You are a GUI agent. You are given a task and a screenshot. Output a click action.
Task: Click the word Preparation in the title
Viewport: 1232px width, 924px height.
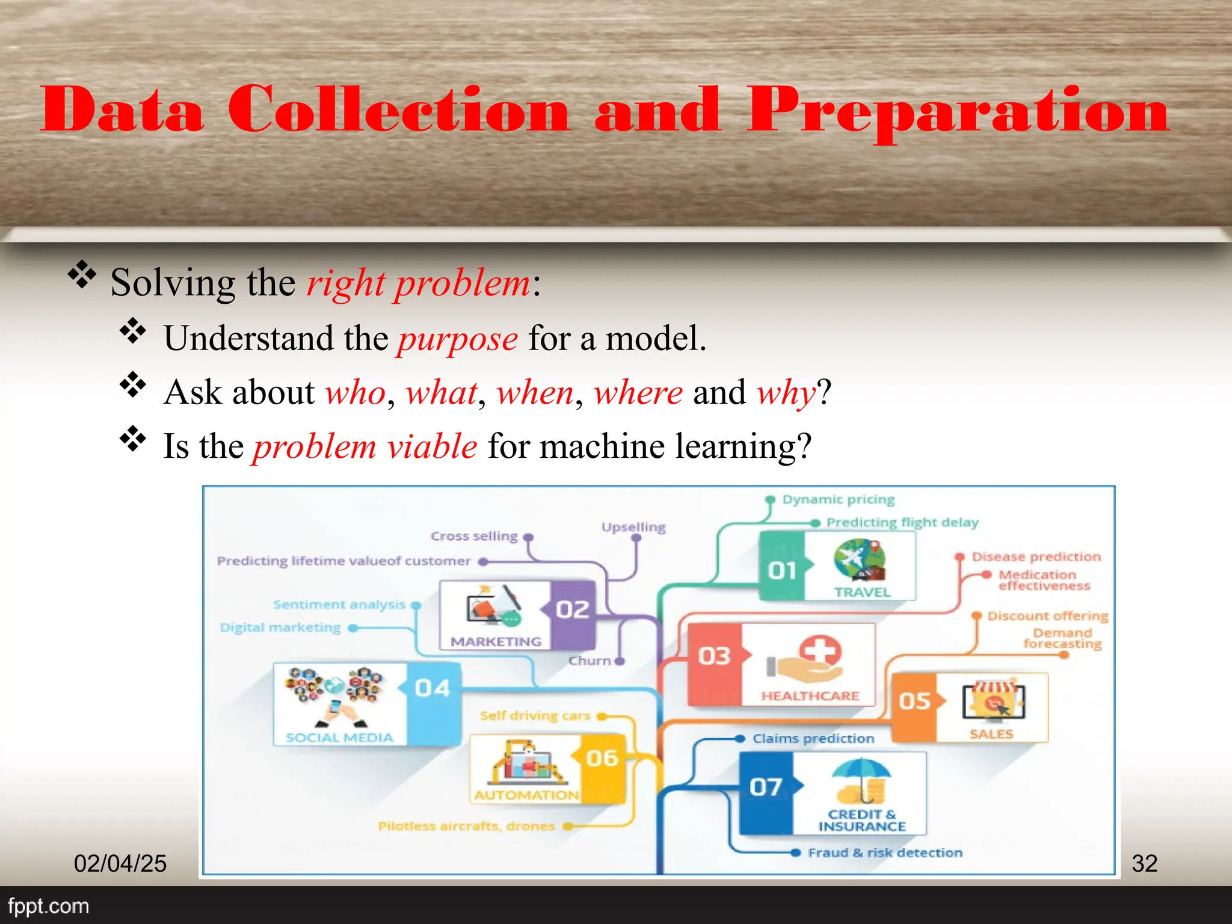958,111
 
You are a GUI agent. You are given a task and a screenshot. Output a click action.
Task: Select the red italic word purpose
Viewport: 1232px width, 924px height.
457,339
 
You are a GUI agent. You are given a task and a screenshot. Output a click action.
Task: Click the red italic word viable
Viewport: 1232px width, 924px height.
432,447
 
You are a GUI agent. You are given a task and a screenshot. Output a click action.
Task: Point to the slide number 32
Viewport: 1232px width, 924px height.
1144,863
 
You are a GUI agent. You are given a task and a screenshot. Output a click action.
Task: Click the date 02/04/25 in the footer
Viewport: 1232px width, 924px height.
120,863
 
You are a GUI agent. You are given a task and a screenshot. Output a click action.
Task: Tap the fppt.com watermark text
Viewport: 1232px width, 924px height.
48,906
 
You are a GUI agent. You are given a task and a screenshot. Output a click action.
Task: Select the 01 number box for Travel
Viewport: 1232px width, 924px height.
782,568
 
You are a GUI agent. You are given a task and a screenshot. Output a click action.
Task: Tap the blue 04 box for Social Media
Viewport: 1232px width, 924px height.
433,689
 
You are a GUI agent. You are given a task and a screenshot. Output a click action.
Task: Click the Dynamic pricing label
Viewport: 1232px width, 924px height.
838,500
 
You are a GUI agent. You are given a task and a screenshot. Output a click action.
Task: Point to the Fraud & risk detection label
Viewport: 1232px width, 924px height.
885,852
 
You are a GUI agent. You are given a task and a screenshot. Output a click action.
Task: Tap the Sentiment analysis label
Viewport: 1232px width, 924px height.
339,605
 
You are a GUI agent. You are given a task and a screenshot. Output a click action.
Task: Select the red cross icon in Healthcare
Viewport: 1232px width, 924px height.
820,651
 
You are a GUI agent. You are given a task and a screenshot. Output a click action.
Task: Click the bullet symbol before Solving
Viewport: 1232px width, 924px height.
82,276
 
